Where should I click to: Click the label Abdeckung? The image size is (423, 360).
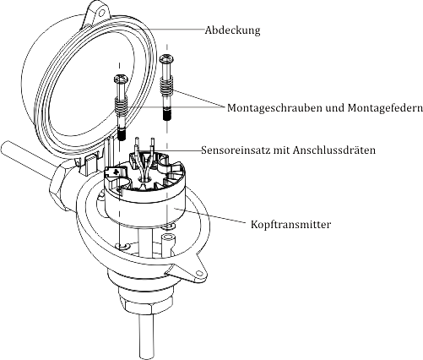[232, 30]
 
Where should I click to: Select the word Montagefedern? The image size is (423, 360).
[385, 108]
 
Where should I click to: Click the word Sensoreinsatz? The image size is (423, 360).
[236, 150]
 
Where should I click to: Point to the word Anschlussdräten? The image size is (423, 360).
[334, 150]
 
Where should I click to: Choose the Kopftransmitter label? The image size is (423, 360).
[291, 225]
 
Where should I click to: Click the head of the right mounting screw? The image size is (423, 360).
[166, 59]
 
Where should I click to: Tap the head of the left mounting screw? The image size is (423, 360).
[121, 79]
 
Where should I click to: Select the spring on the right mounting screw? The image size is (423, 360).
[166, 86]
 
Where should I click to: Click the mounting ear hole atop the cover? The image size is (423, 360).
[101, 13]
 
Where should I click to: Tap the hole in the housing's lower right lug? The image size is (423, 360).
[199, 273]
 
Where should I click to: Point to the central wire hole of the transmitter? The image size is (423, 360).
[145, 180]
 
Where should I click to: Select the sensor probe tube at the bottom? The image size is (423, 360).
[146, 336]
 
